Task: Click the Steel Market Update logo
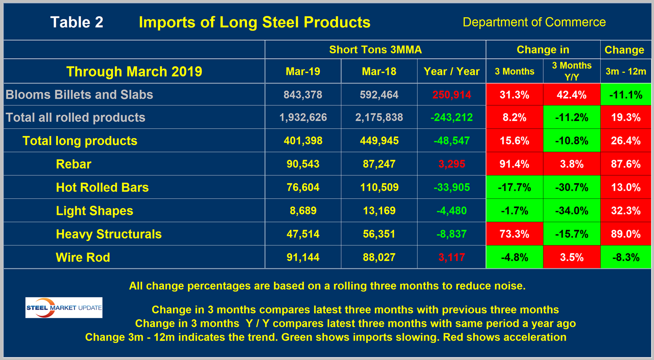[x=64, y=308]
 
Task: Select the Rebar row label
[x=73, y=164]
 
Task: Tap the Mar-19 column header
[x=303, y=71]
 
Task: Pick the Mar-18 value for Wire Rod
[x=379, y=258]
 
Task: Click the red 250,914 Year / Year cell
[x=451, y=95]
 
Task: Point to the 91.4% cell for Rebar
[x=514, y=164]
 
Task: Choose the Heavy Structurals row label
[x=108, y=234]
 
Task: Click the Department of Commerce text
[x=534, y=22]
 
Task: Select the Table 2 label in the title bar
[x=77, y=22]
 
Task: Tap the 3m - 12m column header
[x=625, y=71]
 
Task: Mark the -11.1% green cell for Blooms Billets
[x=625, y=95]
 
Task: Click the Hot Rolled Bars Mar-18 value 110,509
[x=379, y=188]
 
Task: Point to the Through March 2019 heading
[x=134, y=71]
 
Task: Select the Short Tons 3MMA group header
[x=375, y=50]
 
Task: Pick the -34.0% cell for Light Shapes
[x=571, y=211]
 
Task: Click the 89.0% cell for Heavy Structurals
[x=625, y=234]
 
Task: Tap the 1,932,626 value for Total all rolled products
[x=303, y=118]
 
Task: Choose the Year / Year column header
[x=451, y=71]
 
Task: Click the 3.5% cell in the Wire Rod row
[x=571, y=258]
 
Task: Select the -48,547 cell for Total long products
[x=451, y=141]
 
